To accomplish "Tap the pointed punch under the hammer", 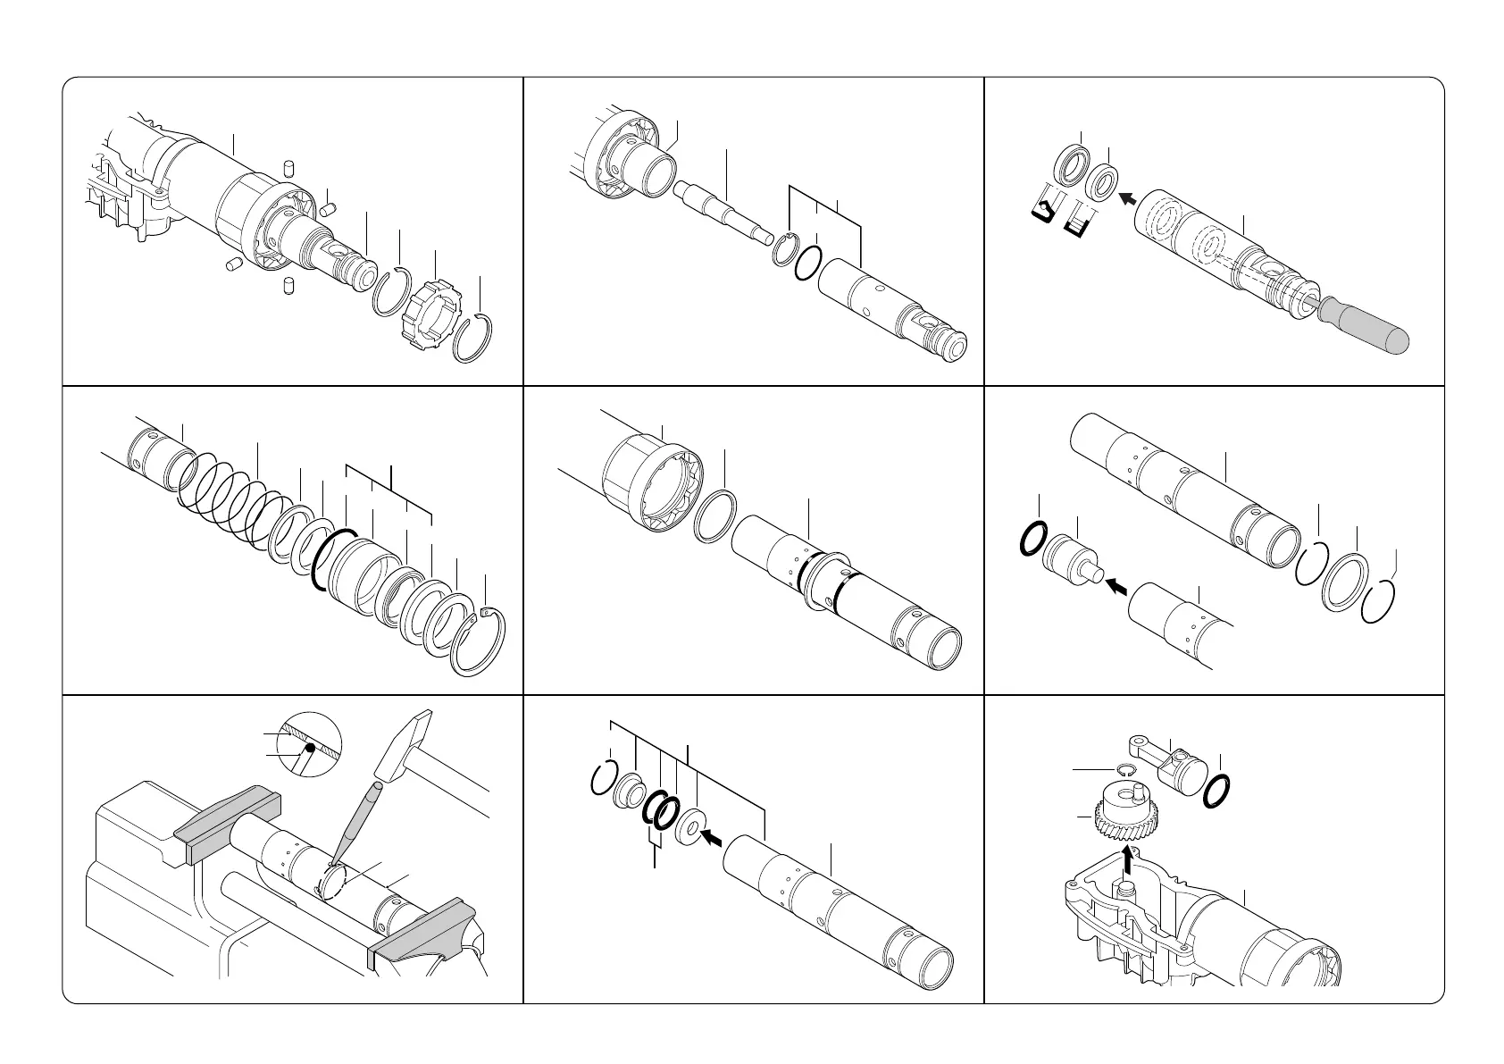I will (355, 826).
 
